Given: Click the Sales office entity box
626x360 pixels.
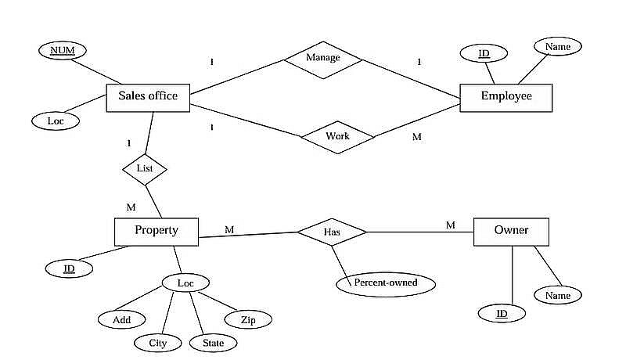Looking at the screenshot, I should (148, 97).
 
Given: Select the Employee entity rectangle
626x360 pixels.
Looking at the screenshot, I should (506, 96).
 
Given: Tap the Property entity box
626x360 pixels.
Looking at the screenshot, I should (156, 231).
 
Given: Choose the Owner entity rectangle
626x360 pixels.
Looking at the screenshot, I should (511, 231).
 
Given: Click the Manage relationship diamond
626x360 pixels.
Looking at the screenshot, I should (322, 59).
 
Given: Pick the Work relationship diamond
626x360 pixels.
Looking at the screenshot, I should (338, 137).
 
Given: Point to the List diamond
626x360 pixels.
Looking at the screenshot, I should (145, 168).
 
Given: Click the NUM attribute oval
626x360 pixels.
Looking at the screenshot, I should (62, 52).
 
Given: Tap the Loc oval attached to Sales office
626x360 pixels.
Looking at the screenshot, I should (56, 121).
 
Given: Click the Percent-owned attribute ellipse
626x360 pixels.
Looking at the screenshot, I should (386, 283).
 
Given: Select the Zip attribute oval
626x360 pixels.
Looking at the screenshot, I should (248, 319).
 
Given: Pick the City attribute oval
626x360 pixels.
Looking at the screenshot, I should (158, 343).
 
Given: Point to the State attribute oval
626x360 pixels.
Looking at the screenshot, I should (213, 343).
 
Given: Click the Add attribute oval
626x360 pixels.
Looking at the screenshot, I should (122, 319).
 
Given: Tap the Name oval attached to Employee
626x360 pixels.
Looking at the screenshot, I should (558, 47).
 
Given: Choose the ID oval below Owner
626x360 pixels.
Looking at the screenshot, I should (502, 314).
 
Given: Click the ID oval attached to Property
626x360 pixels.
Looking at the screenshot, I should (69, 268).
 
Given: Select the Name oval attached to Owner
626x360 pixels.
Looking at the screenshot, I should (558, 295).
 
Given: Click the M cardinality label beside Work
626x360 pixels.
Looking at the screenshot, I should (416, 137).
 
